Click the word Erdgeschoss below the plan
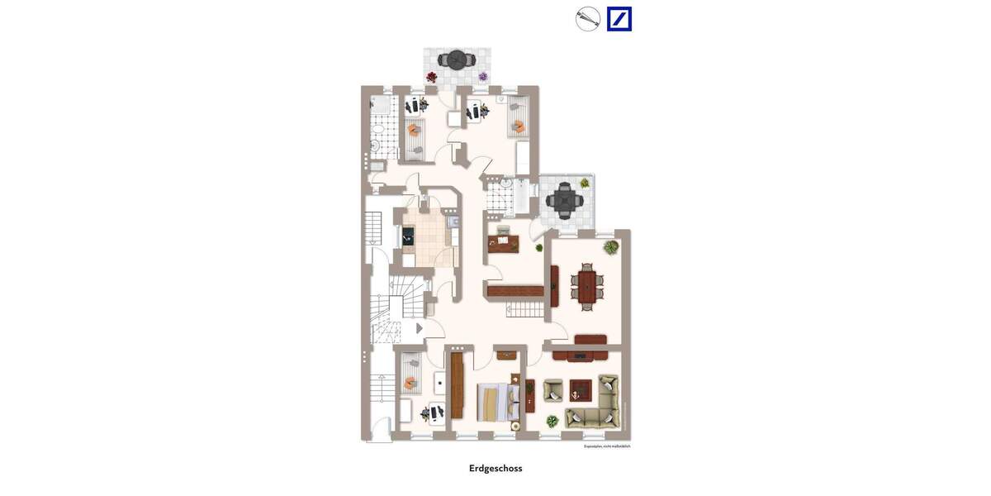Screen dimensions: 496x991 [x=495, y=468]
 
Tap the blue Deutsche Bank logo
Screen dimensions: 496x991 [x=619, y=19]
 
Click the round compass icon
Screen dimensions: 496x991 [x=587, y=19]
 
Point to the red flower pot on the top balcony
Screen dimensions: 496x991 [x=431, y=77]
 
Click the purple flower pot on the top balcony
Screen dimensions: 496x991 [x=483, y=77]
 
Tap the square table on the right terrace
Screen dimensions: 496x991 [x=566, y=199]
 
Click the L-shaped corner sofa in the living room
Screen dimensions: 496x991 [x=596, y=407]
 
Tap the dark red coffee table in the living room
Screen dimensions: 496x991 [x=581, y=387]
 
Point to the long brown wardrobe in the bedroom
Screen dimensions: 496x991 [x=457, y=385]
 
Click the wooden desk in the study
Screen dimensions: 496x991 [x=503, y=242]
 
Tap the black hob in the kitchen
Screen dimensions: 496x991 [x=409, y=235]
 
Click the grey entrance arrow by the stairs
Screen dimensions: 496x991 [x=420, y=328]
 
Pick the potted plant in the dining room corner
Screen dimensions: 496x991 [x=609, y=246]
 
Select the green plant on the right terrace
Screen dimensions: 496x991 [x=585, y=183]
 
